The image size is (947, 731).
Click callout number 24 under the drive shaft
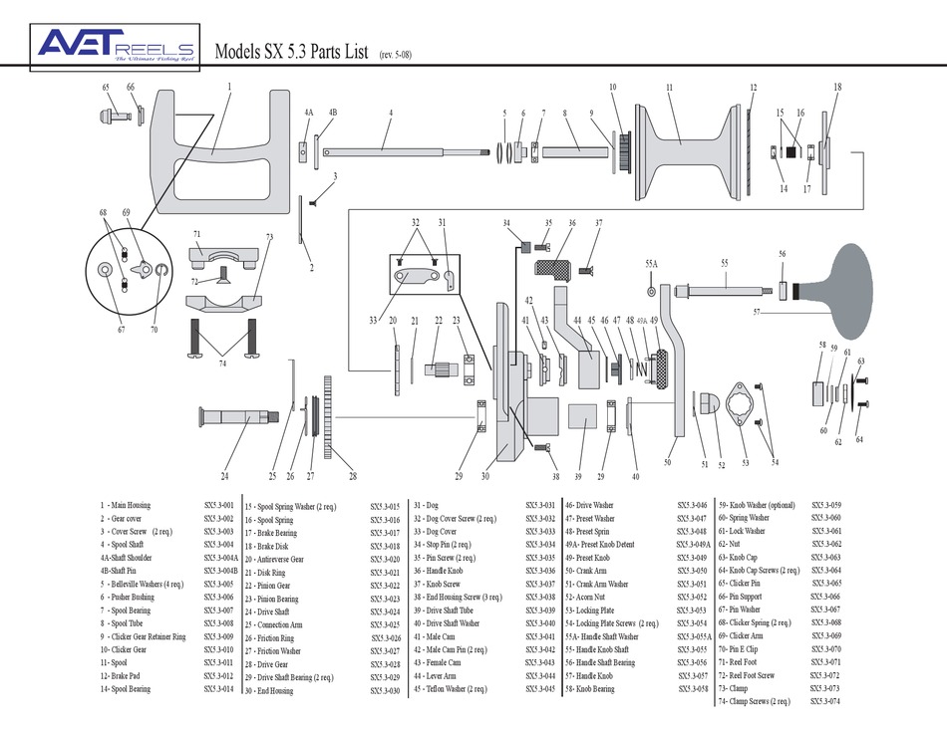pyautogui.click(x=225, y=476)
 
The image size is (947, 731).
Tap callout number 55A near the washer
pyautogui.click(x=651, y=264)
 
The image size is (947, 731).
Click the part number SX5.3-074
pyautogui.click(x=824, y=701)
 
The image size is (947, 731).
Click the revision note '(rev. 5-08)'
pyautogui.click(x=396, y=55)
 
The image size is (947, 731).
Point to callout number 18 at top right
pyautogui.click(x=837, y=88)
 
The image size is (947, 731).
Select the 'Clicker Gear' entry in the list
pyautogui.click(x=133, y=648)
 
